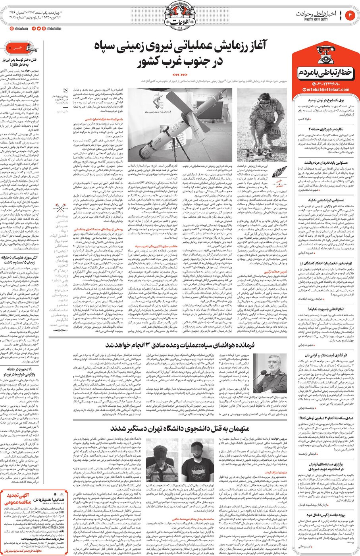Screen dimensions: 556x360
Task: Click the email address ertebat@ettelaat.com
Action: (322, 89)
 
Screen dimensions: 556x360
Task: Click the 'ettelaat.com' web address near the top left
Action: (18, 29)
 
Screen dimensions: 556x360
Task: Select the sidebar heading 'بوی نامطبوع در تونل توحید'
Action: (326, 101)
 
